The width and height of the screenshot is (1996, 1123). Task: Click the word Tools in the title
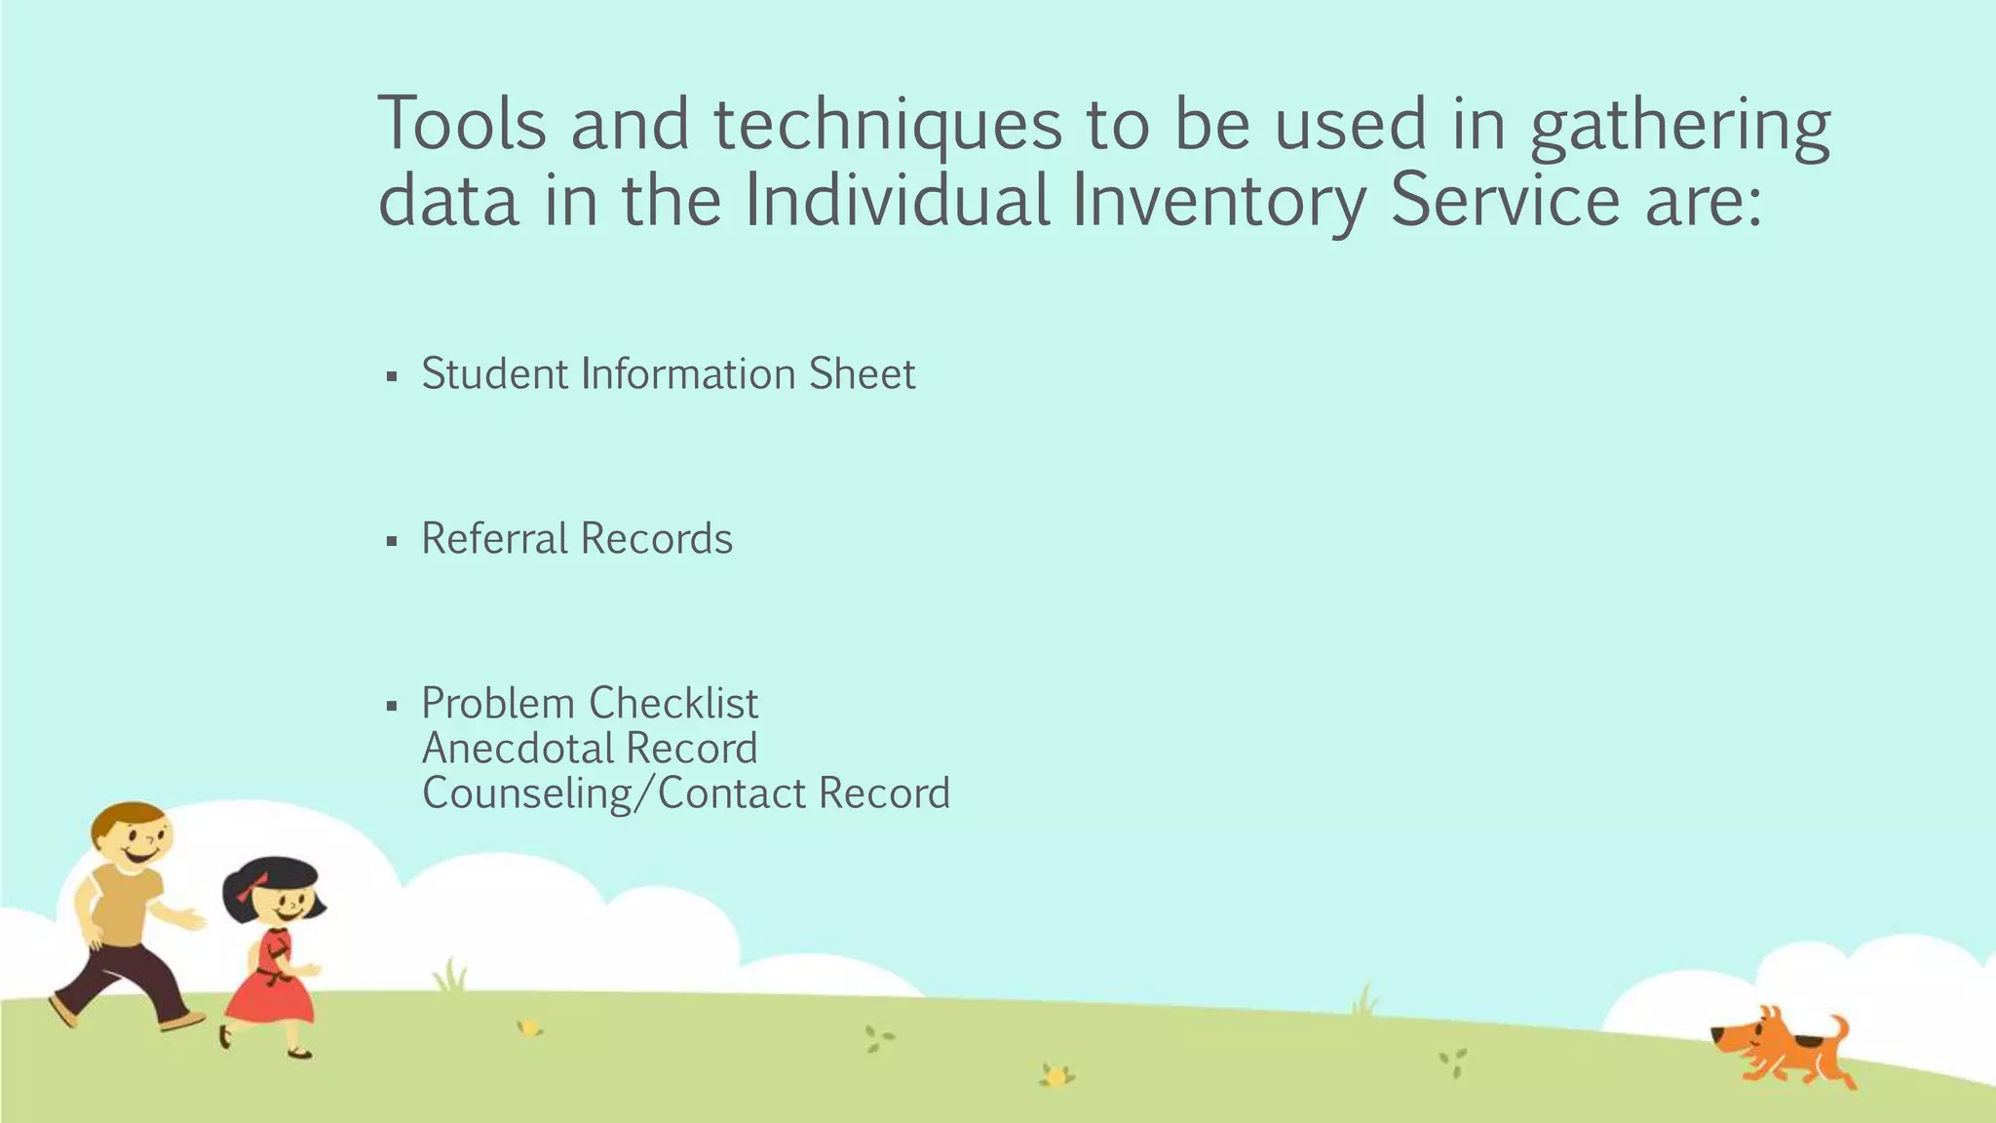[x=462, y=125]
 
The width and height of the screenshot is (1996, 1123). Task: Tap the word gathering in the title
[x=1680, y=130]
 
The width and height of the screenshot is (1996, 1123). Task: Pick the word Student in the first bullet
[x=494, y=374]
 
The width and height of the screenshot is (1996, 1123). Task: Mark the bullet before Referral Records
[x=392, y=541]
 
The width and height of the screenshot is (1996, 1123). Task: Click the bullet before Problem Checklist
[x=392, y=706]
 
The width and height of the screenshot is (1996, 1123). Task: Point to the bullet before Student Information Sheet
[x=392, y=376]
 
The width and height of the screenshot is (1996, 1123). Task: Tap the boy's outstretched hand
[x=194, y=918]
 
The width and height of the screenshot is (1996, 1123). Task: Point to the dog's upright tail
[x=1838, y=1029]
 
